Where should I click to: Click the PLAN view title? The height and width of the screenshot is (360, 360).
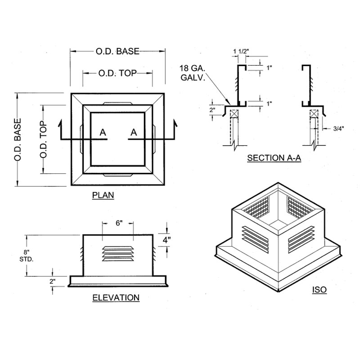click(103, 195)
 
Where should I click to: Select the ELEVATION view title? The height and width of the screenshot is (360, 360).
click(116, 298)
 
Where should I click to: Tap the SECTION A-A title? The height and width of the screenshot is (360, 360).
click(274, 158)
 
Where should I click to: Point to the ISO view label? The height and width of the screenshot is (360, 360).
click(319, 290)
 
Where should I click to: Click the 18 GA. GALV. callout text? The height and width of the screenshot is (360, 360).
click(193, 73)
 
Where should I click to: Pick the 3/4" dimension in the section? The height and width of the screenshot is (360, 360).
click(338, 129)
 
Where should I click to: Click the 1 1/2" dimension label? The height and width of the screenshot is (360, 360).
click(241, 51)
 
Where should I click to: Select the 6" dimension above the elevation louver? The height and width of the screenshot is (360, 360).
click(119, 223)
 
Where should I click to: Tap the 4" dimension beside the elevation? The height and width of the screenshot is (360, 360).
click(166, 240)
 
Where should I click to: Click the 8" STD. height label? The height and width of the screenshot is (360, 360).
click(27, 256)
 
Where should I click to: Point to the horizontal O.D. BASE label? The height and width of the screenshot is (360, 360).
click(117, 51)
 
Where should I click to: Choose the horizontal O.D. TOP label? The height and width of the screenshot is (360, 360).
click(117, 73)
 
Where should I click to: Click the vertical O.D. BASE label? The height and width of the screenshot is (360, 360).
click(18, 139)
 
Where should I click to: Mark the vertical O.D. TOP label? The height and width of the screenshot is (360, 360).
click(43, 139)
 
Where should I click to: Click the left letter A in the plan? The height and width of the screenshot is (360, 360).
click(103, 132)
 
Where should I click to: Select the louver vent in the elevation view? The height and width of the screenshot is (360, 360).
click(118, 254)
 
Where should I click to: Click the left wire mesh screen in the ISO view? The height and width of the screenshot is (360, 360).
click(256, 207)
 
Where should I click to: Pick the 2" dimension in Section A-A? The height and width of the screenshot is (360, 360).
click(212, 110)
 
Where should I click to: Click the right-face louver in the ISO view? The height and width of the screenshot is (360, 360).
click(301, 238)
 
